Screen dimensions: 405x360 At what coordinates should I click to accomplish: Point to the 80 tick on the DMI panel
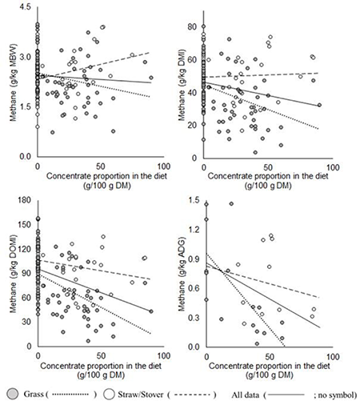point(192,26)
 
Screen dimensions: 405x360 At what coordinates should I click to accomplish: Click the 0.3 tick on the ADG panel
point(192,322)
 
